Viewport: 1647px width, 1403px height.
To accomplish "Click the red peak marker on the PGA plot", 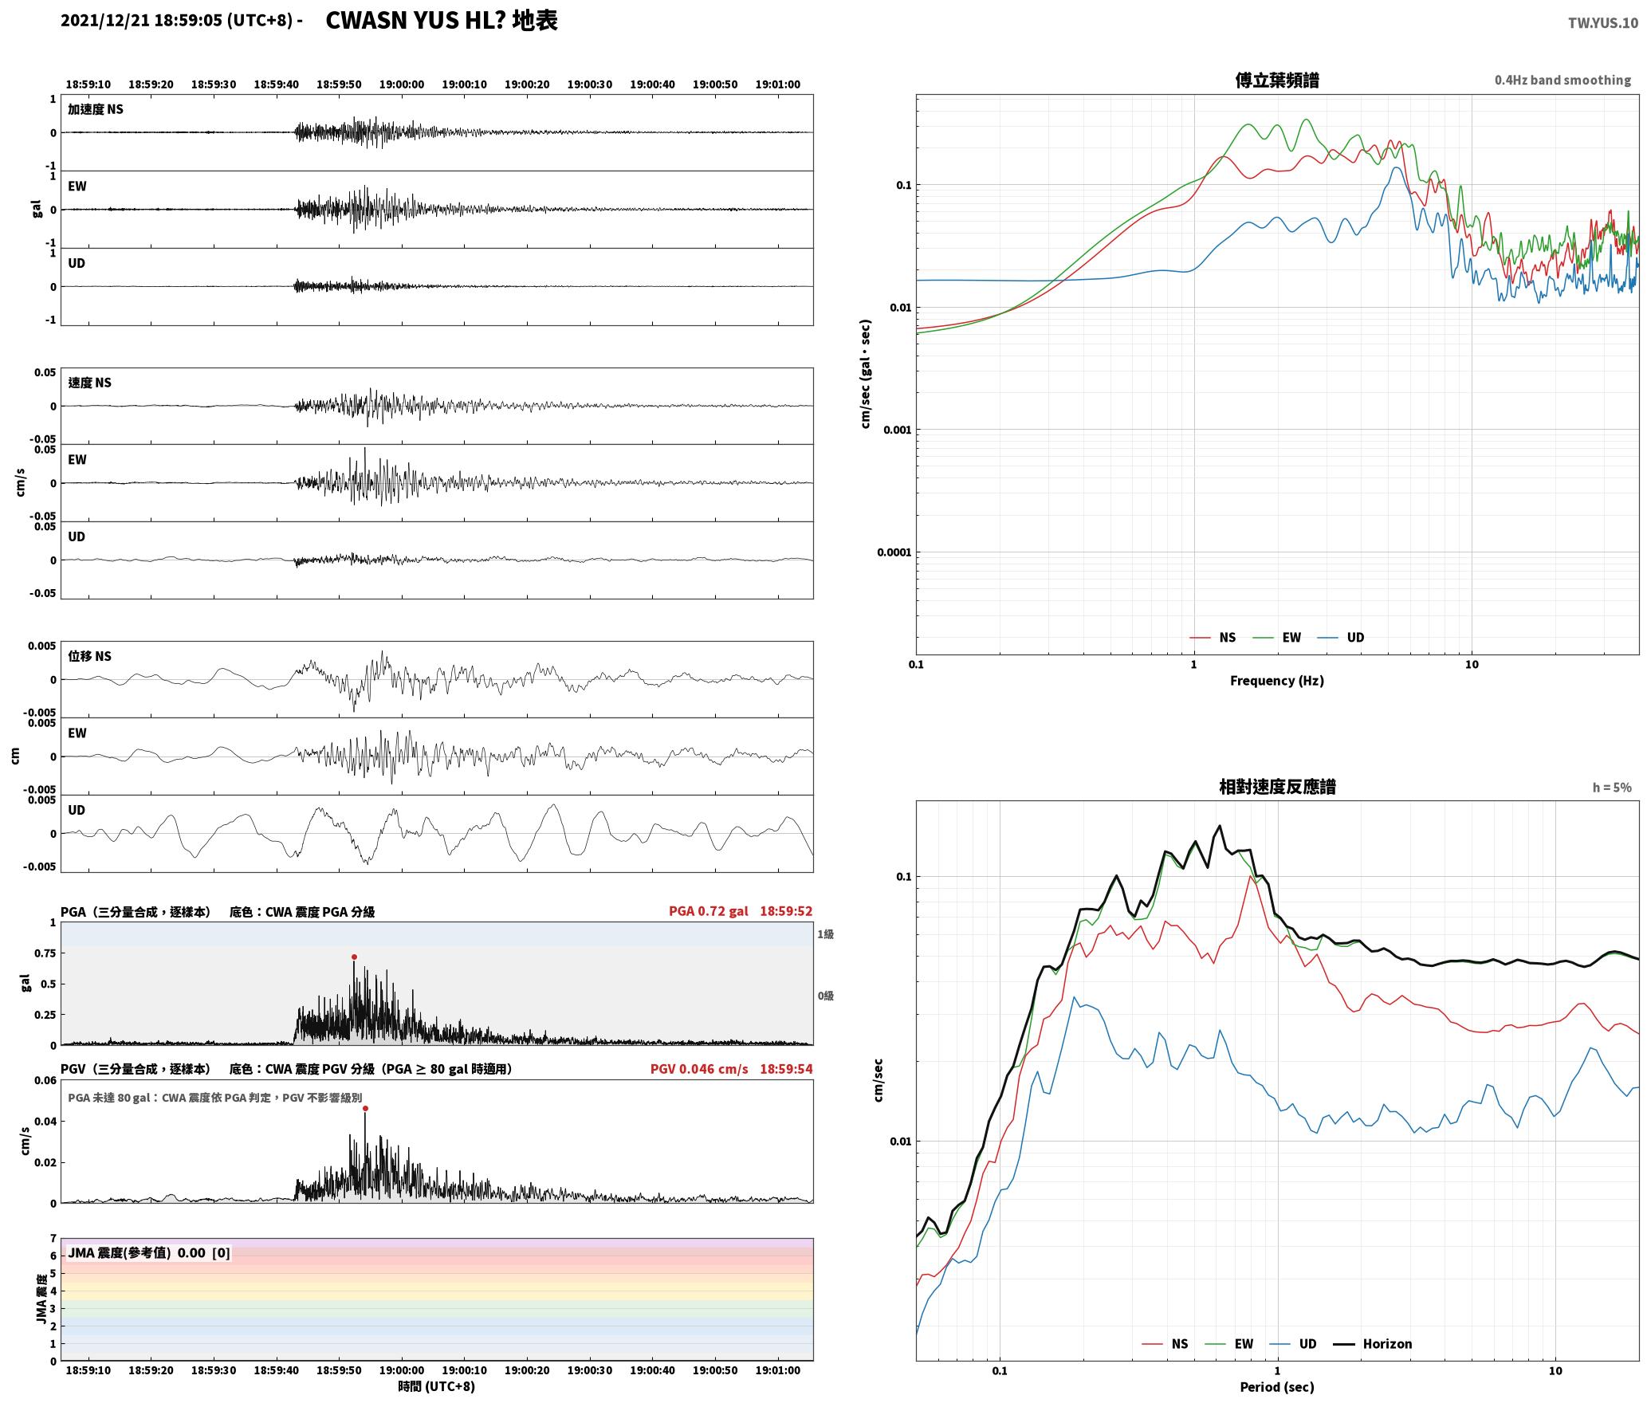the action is [x=354, y=957].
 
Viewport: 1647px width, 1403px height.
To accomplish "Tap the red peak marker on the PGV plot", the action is [x=365, y=1108].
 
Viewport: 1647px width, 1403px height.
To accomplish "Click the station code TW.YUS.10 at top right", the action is [x=1602, y=23].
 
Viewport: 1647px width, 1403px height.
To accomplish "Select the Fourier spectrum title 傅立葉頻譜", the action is [x=1276, y=80].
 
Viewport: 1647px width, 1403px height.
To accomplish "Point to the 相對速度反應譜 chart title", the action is [x=1277, y=787].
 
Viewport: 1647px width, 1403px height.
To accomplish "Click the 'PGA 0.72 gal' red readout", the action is [x=708, y=911].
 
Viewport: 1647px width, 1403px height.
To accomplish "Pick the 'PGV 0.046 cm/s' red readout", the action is [x=699, y=1069].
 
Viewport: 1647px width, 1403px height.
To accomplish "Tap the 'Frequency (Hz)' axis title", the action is [x=1276, y=681].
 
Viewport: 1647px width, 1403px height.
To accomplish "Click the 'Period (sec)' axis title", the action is [x=1276, y=1387].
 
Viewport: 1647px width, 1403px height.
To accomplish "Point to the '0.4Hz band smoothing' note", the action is [x=1562, y=81].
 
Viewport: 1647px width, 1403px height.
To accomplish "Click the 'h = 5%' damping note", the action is [x=1612, y=788].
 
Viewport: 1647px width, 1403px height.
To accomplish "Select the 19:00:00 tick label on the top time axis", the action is [x=401, y=84].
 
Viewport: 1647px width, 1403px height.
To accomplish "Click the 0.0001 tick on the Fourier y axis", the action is [x=894, y=552].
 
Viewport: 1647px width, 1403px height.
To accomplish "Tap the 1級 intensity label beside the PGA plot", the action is [x=825, y=934].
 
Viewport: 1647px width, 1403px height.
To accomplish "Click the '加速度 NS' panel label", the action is [x=96, y=109].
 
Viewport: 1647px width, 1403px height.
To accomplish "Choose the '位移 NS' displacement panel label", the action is [x=90, y=656].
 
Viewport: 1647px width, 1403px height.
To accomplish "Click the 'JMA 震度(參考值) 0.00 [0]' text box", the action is [x=149, y=1253].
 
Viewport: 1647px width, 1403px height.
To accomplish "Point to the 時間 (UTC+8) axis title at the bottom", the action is [x=437, y=1386].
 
